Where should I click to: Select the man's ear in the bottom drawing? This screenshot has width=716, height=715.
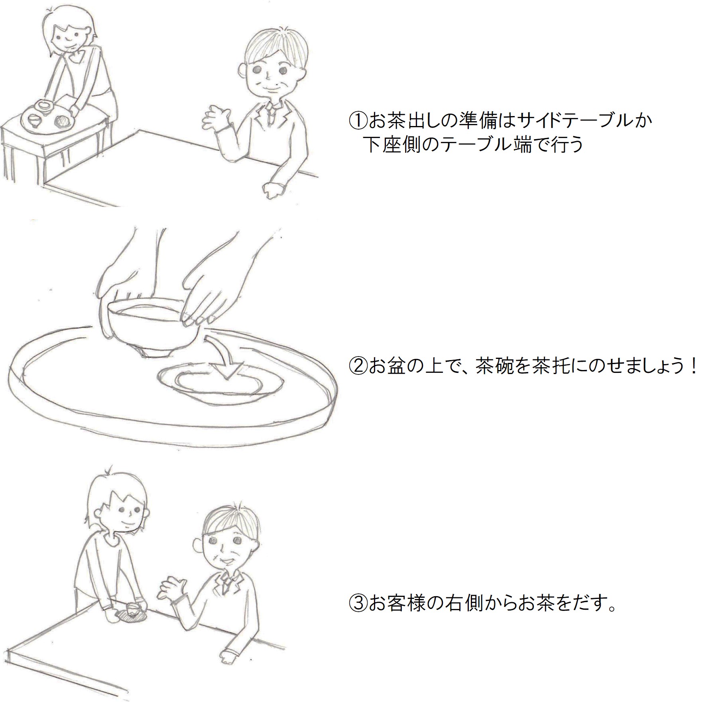[197, 545]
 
